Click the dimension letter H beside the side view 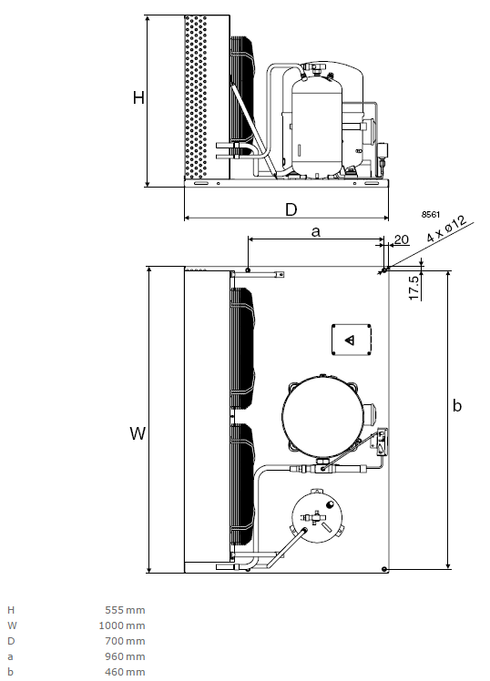point(138,97)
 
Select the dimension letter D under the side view point(291,209)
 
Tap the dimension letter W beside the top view point(138,433)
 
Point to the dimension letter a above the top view point(316,232)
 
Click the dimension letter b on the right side point(457,405)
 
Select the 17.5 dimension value point(414,287)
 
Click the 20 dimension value point(402,239)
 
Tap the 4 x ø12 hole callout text point(446,229)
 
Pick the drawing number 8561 point(431,215)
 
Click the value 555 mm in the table point(125,610)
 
